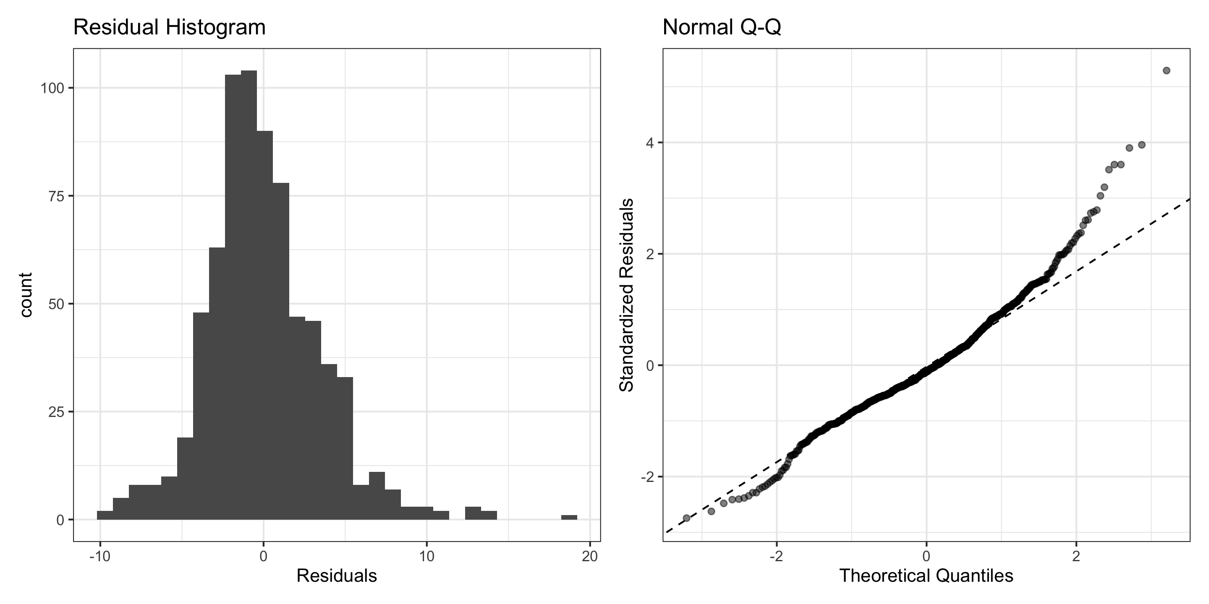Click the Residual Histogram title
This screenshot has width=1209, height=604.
tap(170, 28)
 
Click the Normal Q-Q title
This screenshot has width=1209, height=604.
tap(722, 28)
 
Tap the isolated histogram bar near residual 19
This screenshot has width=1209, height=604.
tap(569, 517)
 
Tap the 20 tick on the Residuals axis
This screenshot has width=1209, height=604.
tap(590, 557)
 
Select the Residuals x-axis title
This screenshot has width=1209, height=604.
tap(337, 576)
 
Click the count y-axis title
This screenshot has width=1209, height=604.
tap(26, 295)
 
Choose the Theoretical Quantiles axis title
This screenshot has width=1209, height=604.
tap(926, 576)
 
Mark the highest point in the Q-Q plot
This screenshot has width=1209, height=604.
tap(1166, 70)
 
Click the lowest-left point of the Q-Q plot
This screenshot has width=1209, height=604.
tap(686, 518)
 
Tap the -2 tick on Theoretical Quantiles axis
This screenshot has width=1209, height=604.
tap(777, 557)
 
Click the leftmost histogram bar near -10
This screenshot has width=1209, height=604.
tap(105, 515)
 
